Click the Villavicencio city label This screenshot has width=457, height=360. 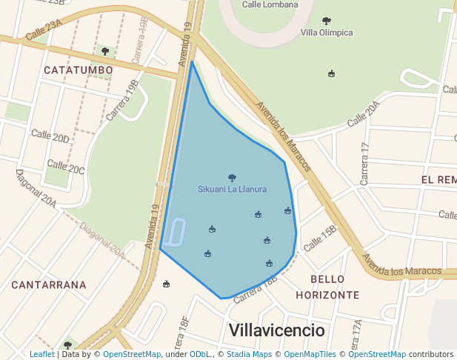click(x=276, y=330)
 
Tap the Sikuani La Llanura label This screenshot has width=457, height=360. click(x=232, y=190)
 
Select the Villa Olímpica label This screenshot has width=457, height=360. click(x=327, y=33)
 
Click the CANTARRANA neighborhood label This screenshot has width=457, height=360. click(x=49, y=284)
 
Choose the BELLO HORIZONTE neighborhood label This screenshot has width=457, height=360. click(x=327, y=287)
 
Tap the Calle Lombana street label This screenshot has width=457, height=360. click(x=270, y=4)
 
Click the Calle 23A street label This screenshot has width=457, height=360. click(x=44, y=30)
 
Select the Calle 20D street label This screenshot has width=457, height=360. click(x=50, y=136)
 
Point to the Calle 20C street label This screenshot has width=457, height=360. click(x=66, y=167)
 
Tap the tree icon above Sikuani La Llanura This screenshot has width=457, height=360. click(x=232, y=178)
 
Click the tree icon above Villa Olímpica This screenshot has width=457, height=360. click(x=327, y=21)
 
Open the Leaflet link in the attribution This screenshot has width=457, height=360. click(x=42, y=355)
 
